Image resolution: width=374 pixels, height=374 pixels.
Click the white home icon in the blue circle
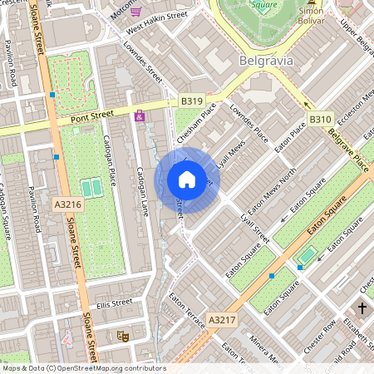187,180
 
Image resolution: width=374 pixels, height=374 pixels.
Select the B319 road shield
191,101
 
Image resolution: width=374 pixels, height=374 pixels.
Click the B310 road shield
321,120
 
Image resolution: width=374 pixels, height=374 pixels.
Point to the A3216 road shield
67,204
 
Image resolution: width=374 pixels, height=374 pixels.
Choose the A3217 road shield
221,319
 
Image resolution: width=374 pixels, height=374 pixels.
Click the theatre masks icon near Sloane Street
122,336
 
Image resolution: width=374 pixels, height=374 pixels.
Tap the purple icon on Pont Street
140,116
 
